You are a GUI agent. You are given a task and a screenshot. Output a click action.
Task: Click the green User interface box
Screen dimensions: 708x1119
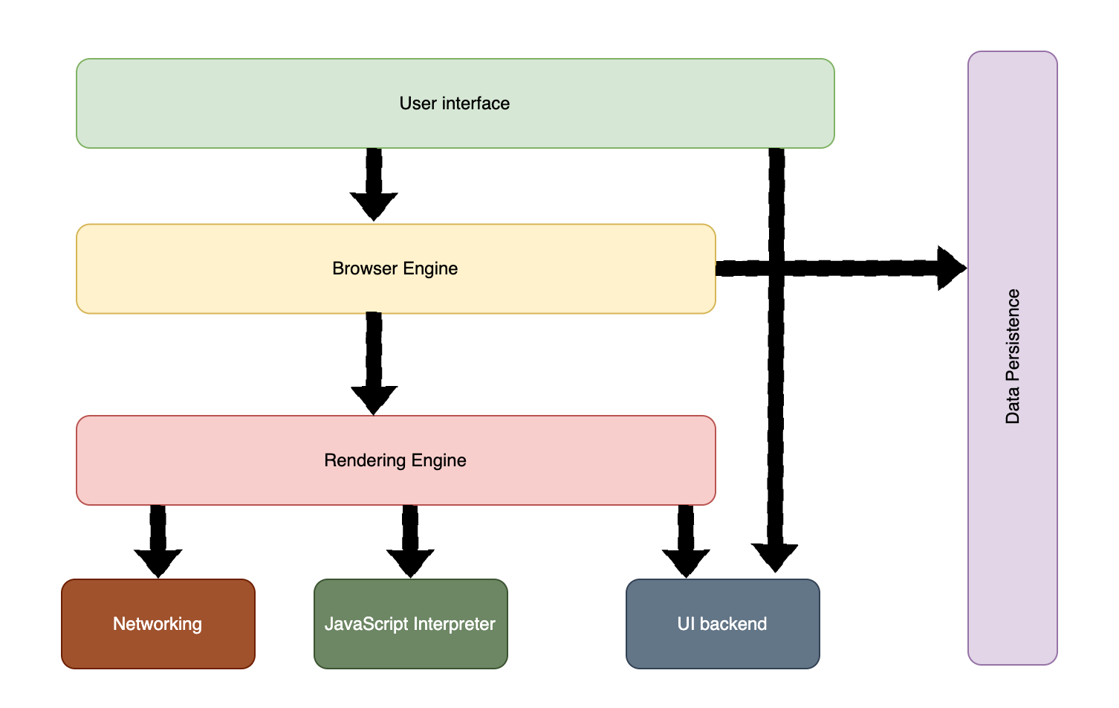click(x=455, y=103)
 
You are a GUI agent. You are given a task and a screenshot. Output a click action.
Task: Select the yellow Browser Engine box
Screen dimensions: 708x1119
click(x=395, y=268)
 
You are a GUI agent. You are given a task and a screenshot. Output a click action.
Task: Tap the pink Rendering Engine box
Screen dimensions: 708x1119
click(x=395, y=460)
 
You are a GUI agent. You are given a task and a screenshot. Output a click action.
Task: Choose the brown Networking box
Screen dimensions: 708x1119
click(x=158, y=624)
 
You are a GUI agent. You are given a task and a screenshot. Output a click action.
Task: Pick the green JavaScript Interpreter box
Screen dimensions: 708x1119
click(x=410, y=624)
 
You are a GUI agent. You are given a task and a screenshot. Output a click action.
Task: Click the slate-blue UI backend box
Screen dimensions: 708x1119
click(x=722, y=624)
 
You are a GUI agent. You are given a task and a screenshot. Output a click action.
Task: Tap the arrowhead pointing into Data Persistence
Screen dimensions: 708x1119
click(x=951, y=268)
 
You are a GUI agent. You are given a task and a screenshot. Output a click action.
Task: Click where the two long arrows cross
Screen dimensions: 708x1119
click(x=776, y=268)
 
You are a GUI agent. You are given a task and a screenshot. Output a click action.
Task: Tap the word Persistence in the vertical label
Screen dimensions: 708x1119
click(x=1012, y=335)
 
